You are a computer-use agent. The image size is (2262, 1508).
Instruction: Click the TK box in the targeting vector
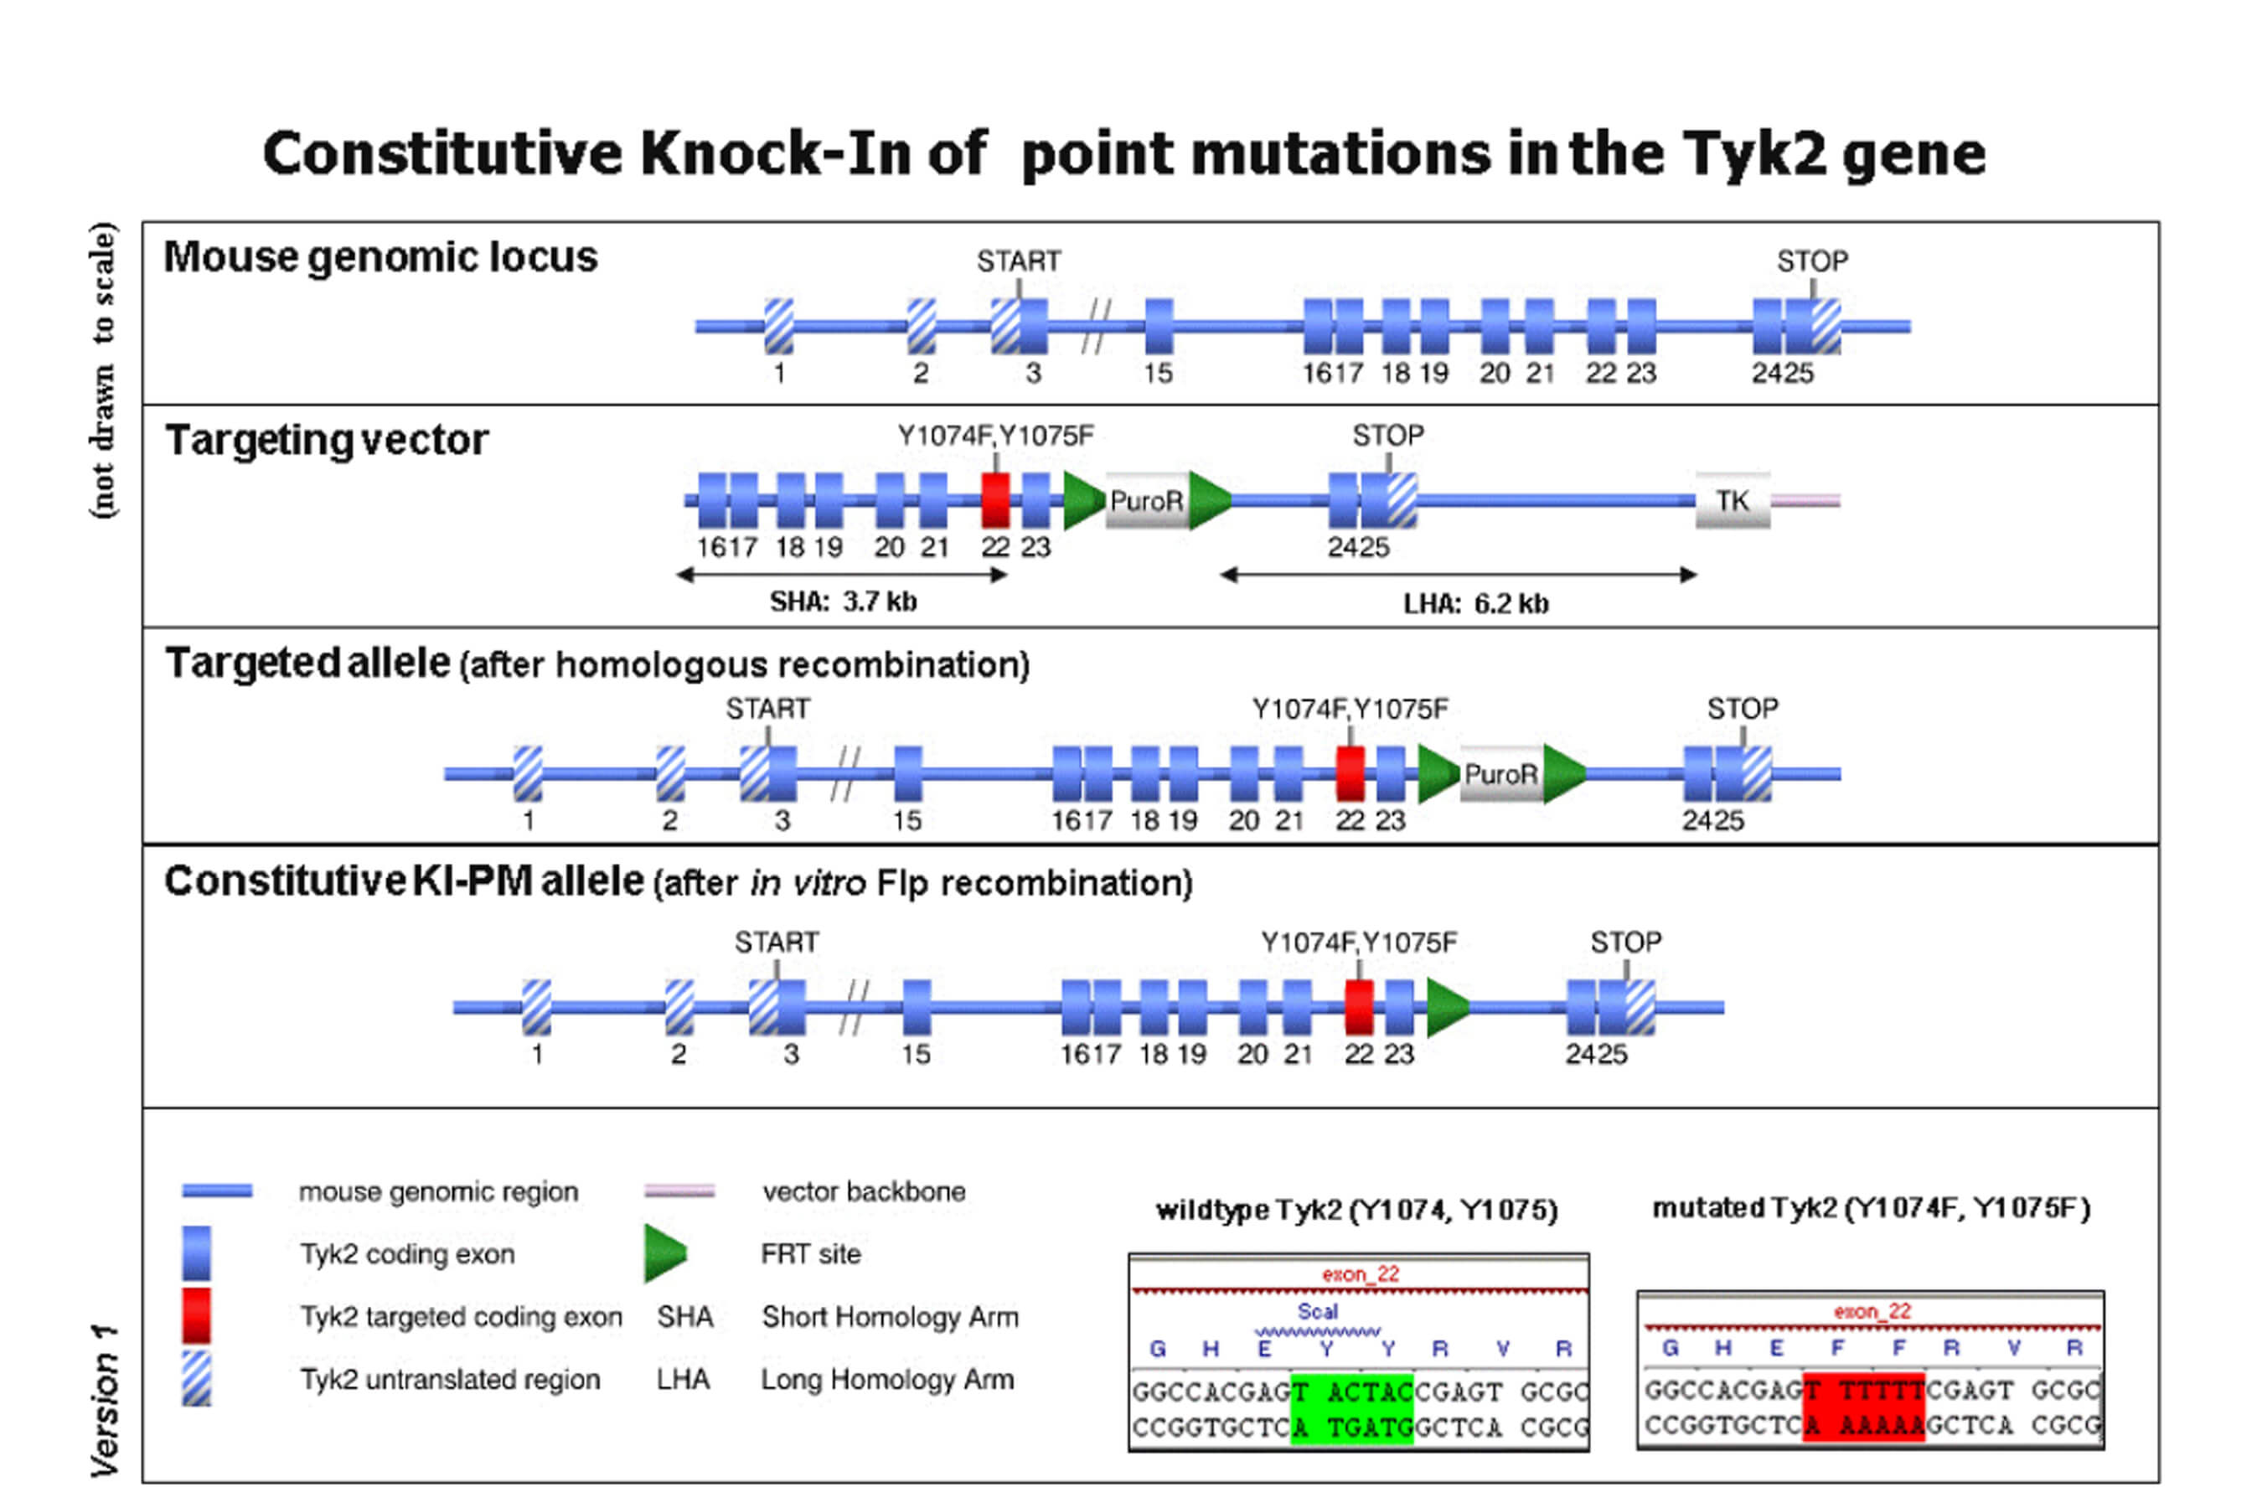pyautogui.click(x=1732, y=500)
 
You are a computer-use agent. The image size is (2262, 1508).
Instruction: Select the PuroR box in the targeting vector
pyautogui.click(x=1146, y=500)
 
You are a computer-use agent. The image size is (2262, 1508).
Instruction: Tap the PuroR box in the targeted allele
pyautogui.click(x=1500, y=774)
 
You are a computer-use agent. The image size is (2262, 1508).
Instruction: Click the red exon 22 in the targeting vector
pyautogui.click(x=995, y=500)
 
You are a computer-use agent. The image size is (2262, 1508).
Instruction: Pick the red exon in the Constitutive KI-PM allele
pyautogui.click(x=1358, y=1007)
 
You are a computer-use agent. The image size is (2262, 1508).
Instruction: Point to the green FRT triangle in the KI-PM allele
pyautogui.click(x=1445, y=1007)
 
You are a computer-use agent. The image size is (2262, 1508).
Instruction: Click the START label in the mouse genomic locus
pyautogui.click(x=1019, y=261)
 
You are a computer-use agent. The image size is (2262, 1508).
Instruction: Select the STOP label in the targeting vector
pyautogui.click(x=1388, y=436)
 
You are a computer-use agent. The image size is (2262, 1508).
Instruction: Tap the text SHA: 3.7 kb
pyautogui.click(x=844, y=602)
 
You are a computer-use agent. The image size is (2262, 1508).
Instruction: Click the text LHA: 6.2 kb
pyautogui.click(x=1476, y=604)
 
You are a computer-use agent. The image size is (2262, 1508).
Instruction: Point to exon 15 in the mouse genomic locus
pyautogui.click(x=1159, y=327)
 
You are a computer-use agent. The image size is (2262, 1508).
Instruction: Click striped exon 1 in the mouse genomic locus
pyautogui.click(x=779, y=327)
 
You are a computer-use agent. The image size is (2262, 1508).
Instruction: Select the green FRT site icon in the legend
pyautogui.click(x=664, y=1253)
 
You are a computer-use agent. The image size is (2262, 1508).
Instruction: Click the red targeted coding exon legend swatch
pyautogui.click(x=196, y=1314)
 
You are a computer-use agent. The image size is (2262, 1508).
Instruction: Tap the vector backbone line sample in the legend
pyautogui.click(x=679, y=1190)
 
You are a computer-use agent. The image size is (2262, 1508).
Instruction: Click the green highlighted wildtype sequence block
pyautogui.click(x=1352, y=1409)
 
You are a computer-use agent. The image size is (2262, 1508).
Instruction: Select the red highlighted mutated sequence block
pyautogui.click(x=1864, y=1406)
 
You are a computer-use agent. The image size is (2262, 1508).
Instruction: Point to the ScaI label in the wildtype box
pyautogui.click(x=1317, y=1312)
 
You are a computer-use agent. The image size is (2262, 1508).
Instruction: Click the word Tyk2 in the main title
pyautogui.click(x=1753, y=154)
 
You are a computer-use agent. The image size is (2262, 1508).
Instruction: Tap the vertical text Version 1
pyautogui.click(x=104, y=1399)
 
